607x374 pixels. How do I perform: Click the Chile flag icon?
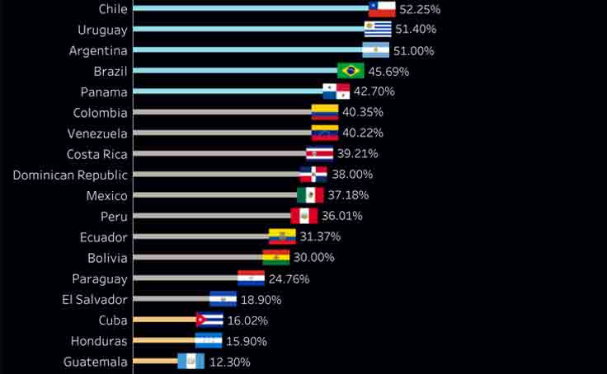[x=382, y=9]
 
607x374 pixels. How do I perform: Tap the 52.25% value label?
[x=420, y=9]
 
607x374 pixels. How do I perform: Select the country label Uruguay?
[x=102, y=30]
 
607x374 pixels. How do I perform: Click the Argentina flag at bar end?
[x=377, y=50]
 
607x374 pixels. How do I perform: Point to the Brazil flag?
[x=351, y=71]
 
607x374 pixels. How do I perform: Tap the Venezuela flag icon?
[x=325, y=133]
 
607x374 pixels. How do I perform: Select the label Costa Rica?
[x=97, y=153]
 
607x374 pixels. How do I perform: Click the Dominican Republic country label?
[x=70, y=175]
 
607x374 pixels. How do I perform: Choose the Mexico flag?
[x=310, y=195]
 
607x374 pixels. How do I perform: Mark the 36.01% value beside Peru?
[x=341, y=216]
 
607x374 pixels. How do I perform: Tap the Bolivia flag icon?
[x=276, y=257]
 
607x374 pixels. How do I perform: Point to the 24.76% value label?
[x=289, y=278]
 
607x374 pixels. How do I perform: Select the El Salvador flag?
[x=223, y=299]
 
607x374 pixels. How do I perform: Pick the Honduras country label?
[x=100, y=341]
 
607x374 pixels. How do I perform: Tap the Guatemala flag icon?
[x=191, y=362]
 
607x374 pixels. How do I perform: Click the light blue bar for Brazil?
[x=234, y=71]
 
